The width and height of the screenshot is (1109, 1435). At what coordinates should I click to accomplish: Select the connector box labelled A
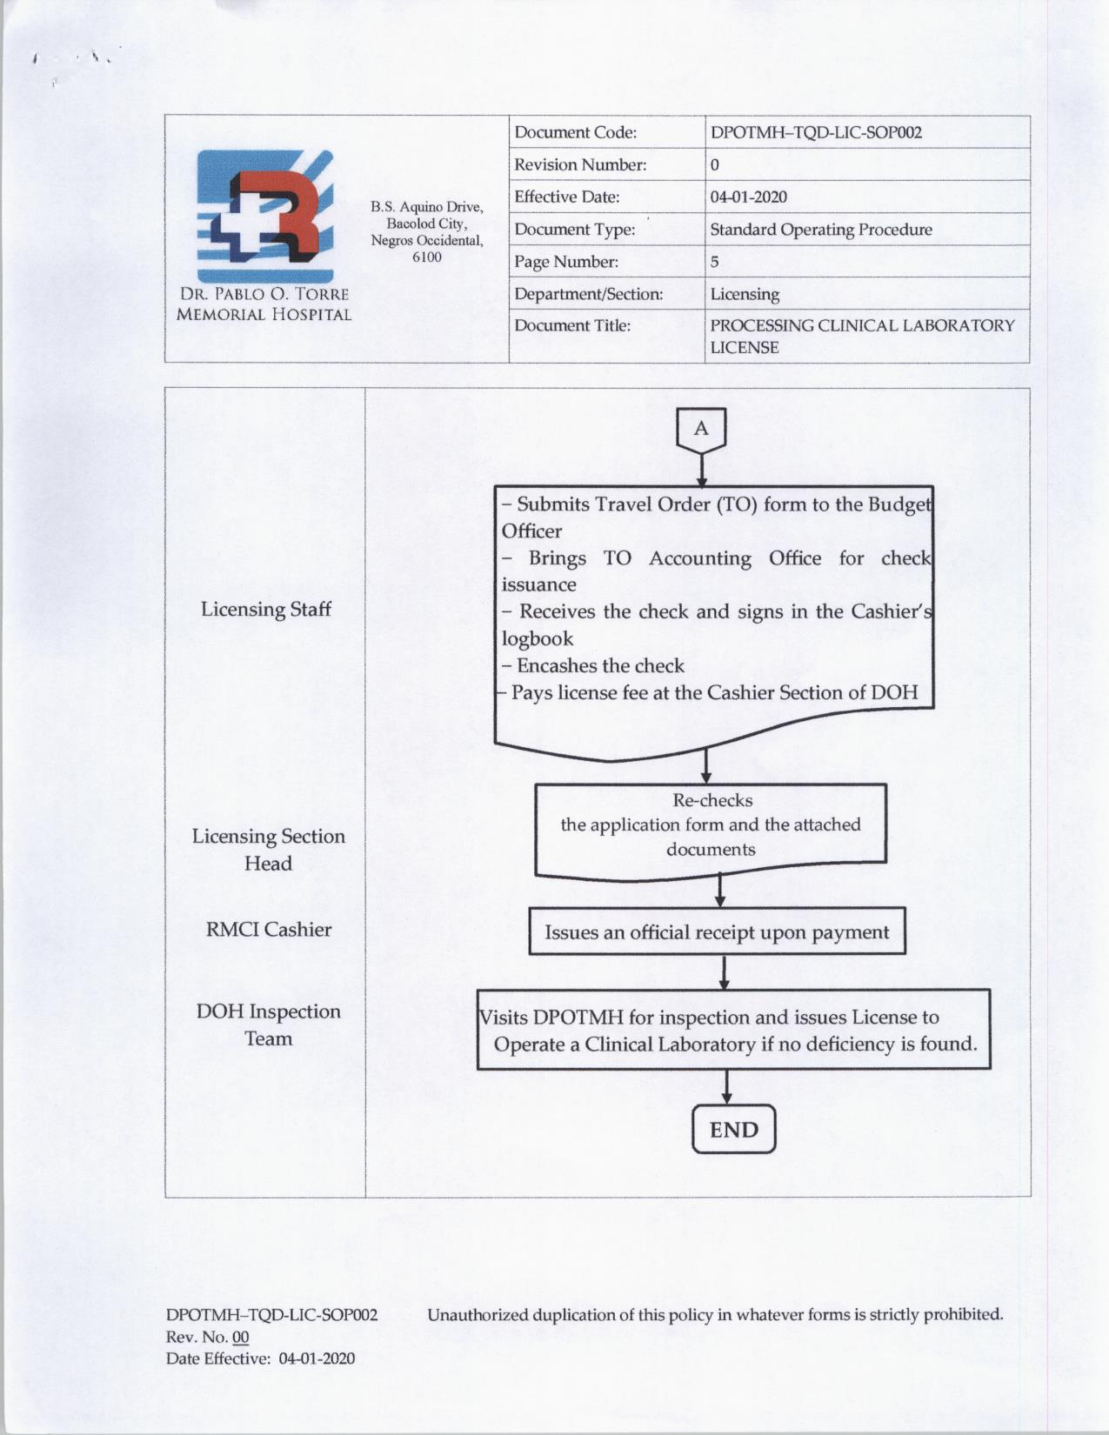click(701, 430)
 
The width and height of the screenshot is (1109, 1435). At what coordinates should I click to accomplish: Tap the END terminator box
click(733, 1130)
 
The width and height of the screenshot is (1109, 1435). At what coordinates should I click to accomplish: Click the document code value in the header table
click(816, 133)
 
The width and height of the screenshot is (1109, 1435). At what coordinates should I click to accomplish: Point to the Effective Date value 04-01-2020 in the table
click(748, 197)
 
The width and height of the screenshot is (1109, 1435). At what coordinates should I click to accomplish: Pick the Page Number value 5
click(714, 262)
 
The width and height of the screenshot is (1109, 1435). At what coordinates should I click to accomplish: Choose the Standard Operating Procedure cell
click(820, 230)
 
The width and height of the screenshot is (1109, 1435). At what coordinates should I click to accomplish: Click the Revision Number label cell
click(580, 165)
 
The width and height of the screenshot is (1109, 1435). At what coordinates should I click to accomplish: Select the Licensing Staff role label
click(265, 609)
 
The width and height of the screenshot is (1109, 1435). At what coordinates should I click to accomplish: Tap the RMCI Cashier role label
click(268, 930)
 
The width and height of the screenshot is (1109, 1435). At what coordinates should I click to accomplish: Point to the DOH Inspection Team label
click(268, 1025)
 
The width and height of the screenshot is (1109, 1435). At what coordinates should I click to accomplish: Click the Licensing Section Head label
click(268, 850)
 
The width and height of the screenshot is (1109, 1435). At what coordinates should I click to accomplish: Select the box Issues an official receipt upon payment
click(717, 932)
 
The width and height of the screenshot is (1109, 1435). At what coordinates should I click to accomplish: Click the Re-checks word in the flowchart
click(712, 800)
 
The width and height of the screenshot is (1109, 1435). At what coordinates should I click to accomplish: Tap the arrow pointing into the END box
click(726, 1089)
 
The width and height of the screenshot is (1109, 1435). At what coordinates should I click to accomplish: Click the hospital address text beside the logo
click(426, 231)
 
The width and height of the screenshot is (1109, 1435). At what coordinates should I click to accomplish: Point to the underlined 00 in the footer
click(240, 1338)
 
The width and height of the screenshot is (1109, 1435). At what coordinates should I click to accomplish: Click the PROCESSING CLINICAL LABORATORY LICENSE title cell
click(861, 336)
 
